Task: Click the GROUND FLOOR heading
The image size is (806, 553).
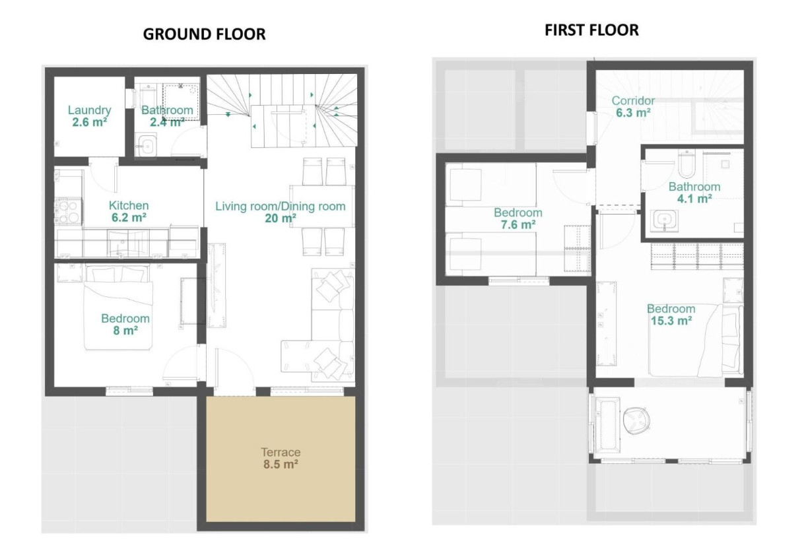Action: (x=204, y=34)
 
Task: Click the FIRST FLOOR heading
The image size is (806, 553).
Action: (x=591, y=30)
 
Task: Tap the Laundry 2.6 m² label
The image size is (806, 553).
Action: (x=89, y=116)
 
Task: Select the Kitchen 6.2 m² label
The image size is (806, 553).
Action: (x=129, y=212)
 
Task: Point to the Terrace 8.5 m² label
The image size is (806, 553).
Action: (x=281, y=459)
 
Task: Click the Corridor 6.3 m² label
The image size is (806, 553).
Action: (x=633, y=107)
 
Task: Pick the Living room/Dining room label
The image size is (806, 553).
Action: (x=281, y=206)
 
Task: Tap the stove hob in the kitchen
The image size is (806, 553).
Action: (x=69, y=211)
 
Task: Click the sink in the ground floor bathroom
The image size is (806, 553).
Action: (x=147, y=145)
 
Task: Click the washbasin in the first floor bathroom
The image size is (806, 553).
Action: (x=664, y=220)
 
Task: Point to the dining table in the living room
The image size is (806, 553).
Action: (x=322, y=207)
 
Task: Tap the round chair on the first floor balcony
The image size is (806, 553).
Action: (x=637, y=420)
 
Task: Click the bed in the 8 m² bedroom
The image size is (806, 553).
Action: (x=118, y=307)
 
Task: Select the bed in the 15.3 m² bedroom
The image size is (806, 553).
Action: (x=696, y=341)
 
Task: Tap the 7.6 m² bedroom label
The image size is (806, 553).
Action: (x=518, y=218)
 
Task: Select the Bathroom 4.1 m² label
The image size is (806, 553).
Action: (x=694, y=193)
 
